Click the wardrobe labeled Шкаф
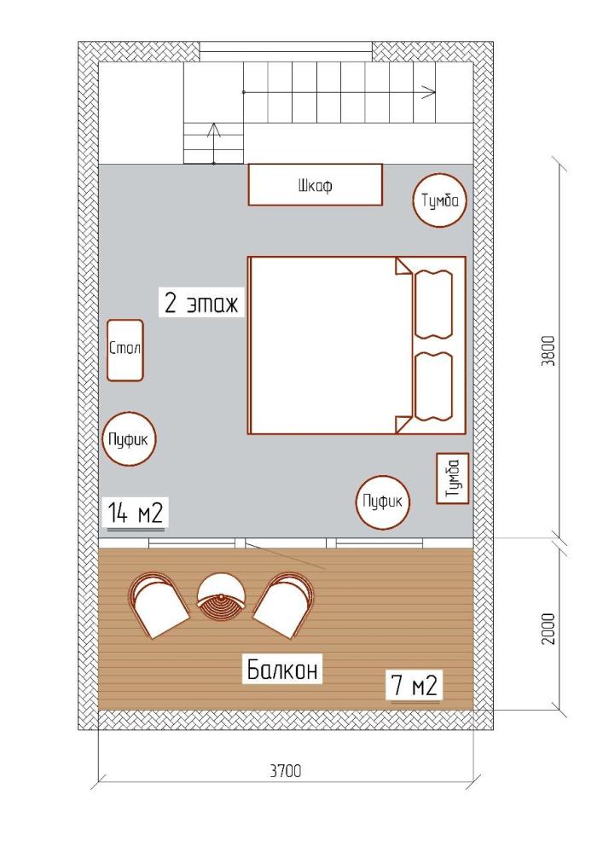click(x=316, y=185)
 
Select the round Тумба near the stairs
click(x=440, y=200)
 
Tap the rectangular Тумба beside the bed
click(x=453, y=479)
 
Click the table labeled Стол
click(x=125, y=351)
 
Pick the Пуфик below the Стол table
click(x=129, y=439)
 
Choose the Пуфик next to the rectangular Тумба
click(x=383, y=502)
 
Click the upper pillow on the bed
click(x=433, y=305)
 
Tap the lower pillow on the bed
click(x=433, y=386)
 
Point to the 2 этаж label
click(x=201, y=304)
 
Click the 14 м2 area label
click(x=136, y=513)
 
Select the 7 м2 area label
click(x=415, y=686)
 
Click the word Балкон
click(x=281, y=669)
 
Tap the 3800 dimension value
click(x=549, y=351)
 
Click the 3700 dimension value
click(x=286, y=771)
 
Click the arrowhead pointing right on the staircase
click(x=430, y=91)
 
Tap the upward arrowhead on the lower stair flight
click(x=214, y=130)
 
